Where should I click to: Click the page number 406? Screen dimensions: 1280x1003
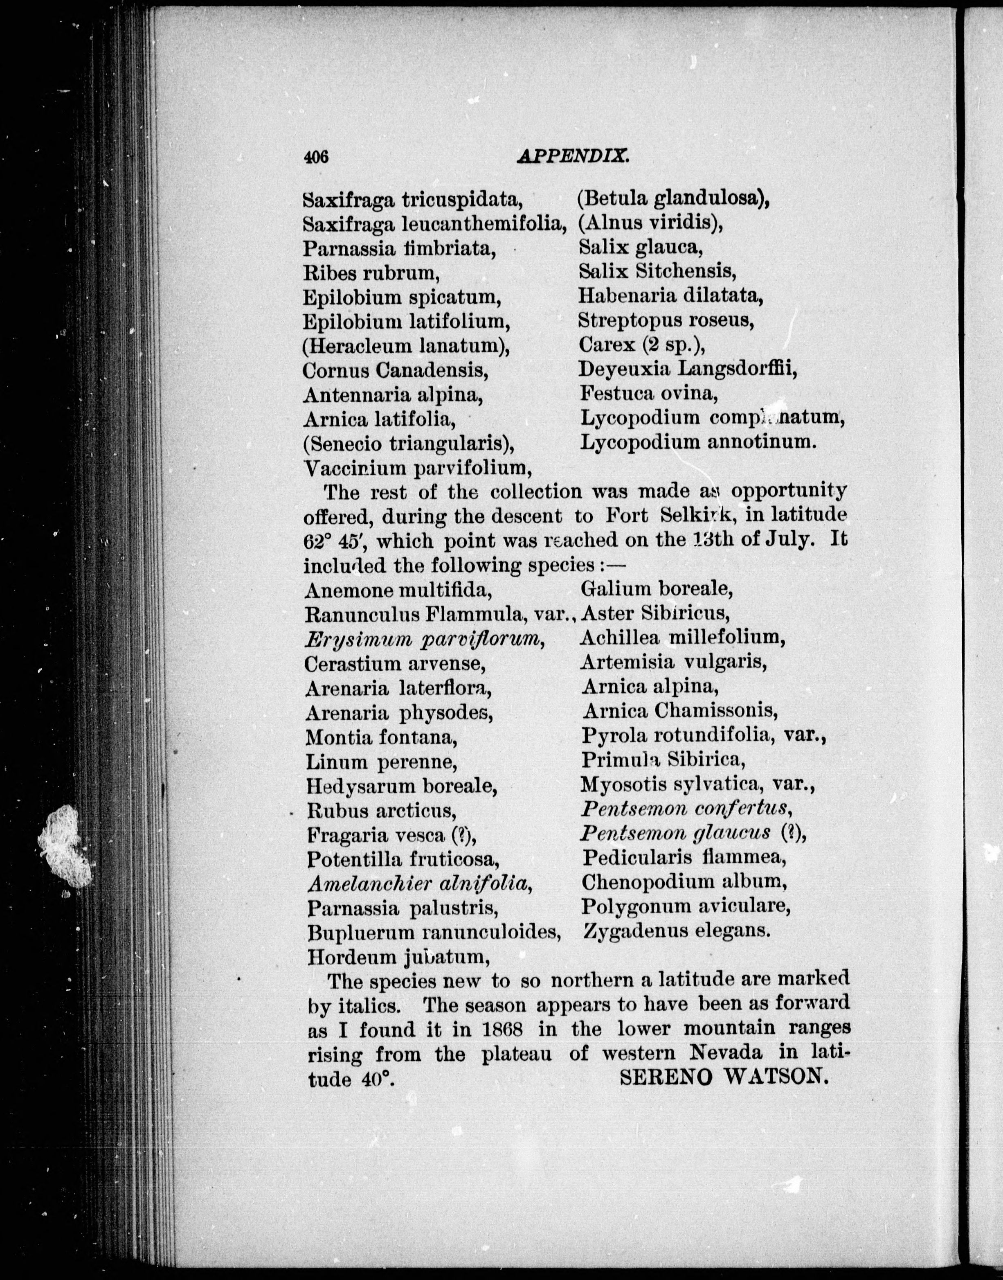(315, 156)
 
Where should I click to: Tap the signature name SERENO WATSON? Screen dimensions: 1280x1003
(724, 1076)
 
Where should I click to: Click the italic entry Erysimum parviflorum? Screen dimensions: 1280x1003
(423, 639)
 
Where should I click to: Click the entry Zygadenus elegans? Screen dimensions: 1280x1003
(675, 931)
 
